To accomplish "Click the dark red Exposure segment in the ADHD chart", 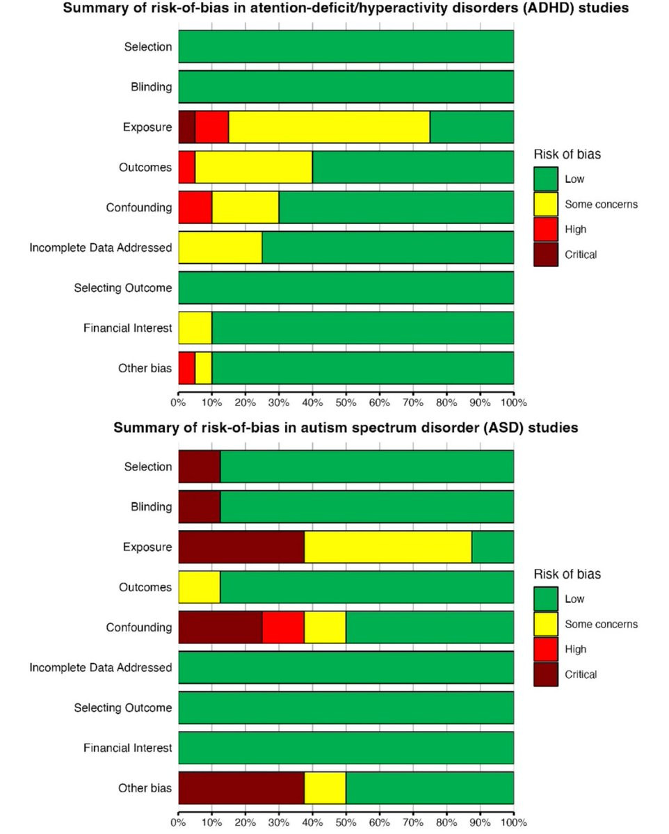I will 186,127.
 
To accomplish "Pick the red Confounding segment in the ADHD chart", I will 195,207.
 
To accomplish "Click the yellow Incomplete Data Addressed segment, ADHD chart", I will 220,248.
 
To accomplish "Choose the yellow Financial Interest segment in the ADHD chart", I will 195,328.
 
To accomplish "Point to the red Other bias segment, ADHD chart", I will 186,368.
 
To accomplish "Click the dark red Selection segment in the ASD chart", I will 199,466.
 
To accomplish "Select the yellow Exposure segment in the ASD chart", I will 387,547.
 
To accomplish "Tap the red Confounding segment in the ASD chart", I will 283,627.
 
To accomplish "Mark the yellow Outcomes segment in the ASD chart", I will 199,587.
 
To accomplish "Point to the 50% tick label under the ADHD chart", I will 346,402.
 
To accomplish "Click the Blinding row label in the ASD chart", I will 151,507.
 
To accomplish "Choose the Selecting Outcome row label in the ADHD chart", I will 122,288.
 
